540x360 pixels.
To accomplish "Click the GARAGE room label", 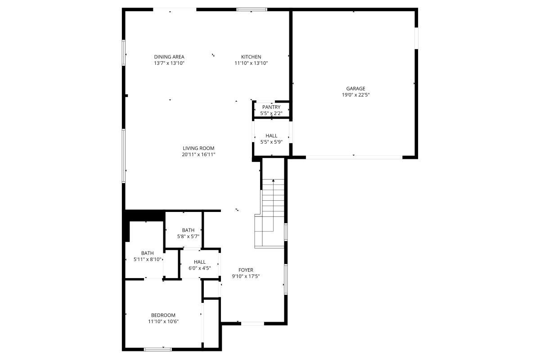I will [355, 89].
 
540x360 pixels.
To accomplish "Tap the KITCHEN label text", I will [251, 57].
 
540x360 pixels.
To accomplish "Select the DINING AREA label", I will [169, 57].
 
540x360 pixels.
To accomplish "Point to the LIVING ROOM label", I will [198, 148].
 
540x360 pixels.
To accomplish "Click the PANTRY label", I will [271, 107].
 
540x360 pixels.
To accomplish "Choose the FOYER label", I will [246, 270].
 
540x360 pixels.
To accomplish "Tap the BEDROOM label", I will [163, 315].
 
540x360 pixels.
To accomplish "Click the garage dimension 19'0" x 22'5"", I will [355, 95].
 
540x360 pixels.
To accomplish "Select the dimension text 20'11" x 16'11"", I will [198, 154].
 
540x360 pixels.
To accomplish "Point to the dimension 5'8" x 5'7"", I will [188, 236].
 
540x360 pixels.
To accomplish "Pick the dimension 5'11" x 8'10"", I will [148, 259].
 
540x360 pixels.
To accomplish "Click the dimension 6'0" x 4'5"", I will [200, 268].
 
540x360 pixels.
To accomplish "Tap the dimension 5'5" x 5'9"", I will [271, 142].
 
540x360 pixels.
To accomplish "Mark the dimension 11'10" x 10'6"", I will [163, 321].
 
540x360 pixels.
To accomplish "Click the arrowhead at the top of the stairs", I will [273, 180].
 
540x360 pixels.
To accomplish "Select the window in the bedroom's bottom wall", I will [157, 349].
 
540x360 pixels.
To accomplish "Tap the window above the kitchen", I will [252, 9].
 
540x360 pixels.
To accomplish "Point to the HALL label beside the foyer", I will [200, 262].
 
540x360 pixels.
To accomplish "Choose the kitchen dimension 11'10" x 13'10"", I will [251, 63].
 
